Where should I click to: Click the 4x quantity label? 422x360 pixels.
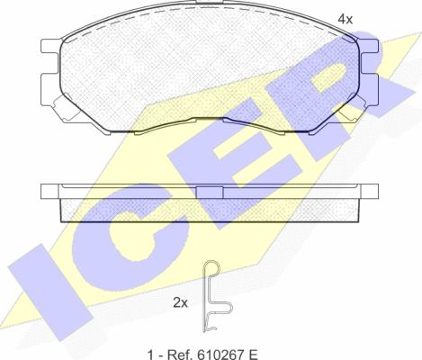coord(346,20)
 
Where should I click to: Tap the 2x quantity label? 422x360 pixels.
coord(180,303)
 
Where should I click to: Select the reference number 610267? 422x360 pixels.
coord(216,355)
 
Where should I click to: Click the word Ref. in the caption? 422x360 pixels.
coord(176,355)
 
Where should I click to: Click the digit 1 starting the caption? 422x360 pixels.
coord(149,355)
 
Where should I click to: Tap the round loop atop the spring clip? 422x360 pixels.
coord(211,266)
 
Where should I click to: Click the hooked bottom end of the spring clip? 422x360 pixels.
coord(211,328)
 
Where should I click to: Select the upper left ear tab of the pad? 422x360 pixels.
coord(50,47)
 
